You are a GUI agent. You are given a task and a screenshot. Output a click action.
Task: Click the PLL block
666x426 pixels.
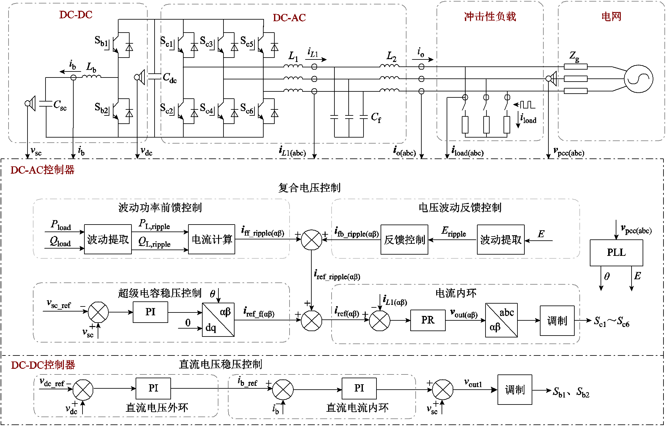(x=616, y=253)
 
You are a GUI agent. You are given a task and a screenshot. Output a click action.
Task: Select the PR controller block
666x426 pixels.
(x=428, y=320)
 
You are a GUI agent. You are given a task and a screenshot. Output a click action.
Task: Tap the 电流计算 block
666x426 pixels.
(x=211, y=239)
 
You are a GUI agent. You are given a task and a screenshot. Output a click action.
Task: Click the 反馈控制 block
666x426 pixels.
(x=404, y=240)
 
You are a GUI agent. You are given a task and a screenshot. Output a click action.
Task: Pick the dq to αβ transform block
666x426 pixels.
(x=218, y=320)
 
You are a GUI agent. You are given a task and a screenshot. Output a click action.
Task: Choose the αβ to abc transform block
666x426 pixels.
(x=501, y=320)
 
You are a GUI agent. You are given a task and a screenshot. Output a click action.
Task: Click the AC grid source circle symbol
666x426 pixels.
(x=639, y=79)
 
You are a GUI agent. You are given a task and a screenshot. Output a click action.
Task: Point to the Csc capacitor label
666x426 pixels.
(x=60, y=105)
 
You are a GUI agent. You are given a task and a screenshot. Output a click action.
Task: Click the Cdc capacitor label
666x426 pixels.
(x=169, y=77)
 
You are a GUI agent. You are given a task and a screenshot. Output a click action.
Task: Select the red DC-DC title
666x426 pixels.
(x=76, y=15)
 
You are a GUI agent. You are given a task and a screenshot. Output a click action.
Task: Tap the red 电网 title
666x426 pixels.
(x=611, y=16)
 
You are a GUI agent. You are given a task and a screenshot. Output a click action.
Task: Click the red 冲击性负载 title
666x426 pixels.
(x=490, y=16)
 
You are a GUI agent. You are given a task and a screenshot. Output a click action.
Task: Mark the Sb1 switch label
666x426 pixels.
(x=101, y=41)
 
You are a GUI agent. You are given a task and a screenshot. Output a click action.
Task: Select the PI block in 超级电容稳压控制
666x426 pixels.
(x=150, y=312)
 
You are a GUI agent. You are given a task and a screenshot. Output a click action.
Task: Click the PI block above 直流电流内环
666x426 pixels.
(x=359, y=388)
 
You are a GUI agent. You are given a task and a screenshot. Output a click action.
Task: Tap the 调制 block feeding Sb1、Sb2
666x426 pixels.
(x=515, y=390)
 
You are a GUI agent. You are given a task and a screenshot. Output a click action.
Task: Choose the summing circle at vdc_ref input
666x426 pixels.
(x=83, y=390)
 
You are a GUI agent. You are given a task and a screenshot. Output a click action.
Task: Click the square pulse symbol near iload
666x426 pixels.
(x=528, y=105)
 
